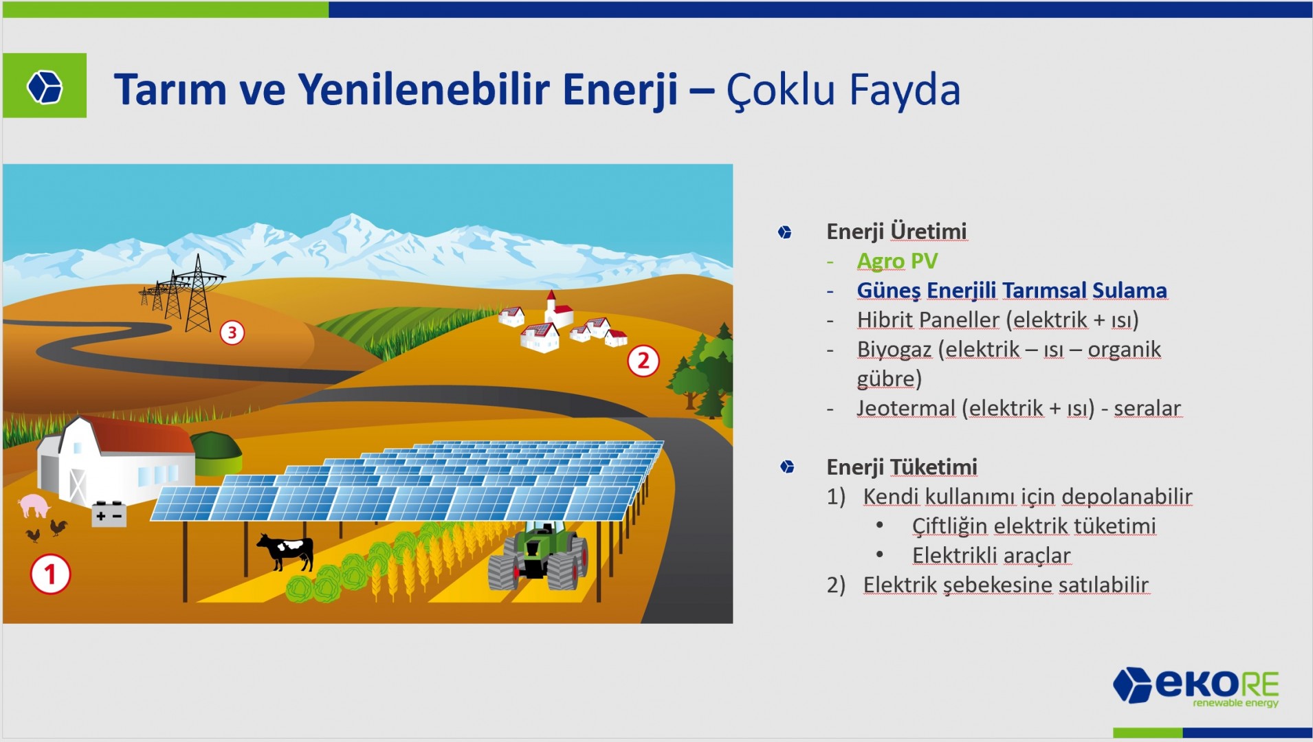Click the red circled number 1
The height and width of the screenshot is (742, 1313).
pyautogui.click(x=50, y=574)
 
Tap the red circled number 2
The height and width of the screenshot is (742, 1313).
pyautogui.click(x=643, y=361)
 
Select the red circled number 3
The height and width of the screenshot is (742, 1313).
pyautogui.click(x=232, y=333)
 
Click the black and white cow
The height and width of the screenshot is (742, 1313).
pyautogui.click(x=286, y=551)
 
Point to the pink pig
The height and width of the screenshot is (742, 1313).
pyautogui.click(x=34, y=506)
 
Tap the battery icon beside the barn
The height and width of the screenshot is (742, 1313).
pyautogui.click(x=109, y=514)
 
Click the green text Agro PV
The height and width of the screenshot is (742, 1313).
pyautogui.click(x=897, y=261)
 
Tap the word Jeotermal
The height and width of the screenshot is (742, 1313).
pyautogui.click(x=905, y=408)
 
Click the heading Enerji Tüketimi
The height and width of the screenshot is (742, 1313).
pyautogui.click(x=901, y=467)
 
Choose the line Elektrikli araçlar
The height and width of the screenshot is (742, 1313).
pyautogui.click(x=991, y=555)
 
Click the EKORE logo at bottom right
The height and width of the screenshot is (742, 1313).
pyautogui.click(x=1195, y=686)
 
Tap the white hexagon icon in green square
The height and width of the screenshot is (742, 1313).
pyautogui.click(x=45, y=87)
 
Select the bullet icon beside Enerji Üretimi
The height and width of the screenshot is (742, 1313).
pyautogui.click(x=784, y=232)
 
